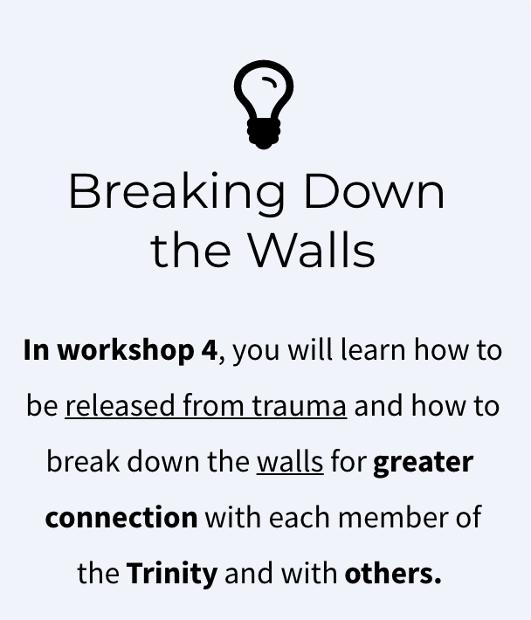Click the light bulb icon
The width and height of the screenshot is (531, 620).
click(x=264, y=105)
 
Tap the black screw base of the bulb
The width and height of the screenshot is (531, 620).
click(x=264, y=134)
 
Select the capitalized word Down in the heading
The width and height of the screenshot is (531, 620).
click(x=375, y=190)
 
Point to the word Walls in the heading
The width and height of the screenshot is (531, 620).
click(x=312, y=250)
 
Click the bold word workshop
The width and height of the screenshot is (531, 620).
click(x=126, y=350)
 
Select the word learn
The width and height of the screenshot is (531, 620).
click(x=373, y=350)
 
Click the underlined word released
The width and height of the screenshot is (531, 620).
click(x=120, y=406)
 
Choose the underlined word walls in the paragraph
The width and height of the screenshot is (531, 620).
click(x=290, y=461)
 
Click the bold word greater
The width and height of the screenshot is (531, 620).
click(x=423, y=463)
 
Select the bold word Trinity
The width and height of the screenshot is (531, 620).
click(x=172, y=574)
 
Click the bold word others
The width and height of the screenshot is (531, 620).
click(x=393, y=573)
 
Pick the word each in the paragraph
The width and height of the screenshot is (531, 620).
click(x=300, y=516)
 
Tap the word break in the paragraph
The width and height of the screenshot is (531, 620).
click(x=83, y=461)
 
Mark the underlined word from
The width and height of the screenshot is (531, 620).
click(x=213, y=405)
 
